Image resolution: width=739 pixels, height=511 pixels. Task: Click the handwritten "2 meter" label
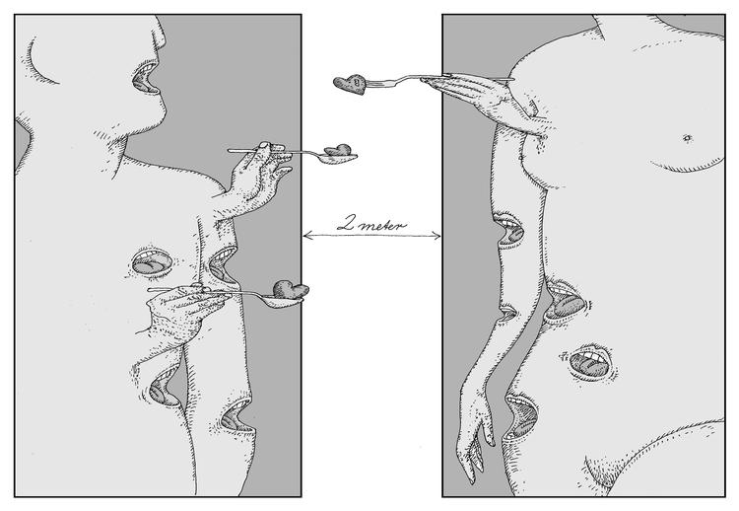coord(372,222)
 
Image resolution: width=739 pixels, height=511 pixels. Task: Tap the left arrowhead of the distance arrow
coord(306,235)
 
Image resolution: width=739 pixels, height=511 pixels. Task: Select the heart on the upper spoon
coord(339,152)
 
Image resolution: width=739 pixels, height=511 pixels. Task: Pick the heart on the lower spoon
coord(290,290)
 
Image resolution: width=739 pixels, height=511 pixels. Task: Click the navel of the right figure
coord(684,135)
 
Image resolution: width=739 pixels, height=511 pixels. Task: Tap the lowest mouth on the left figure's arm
coord(235,418)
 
